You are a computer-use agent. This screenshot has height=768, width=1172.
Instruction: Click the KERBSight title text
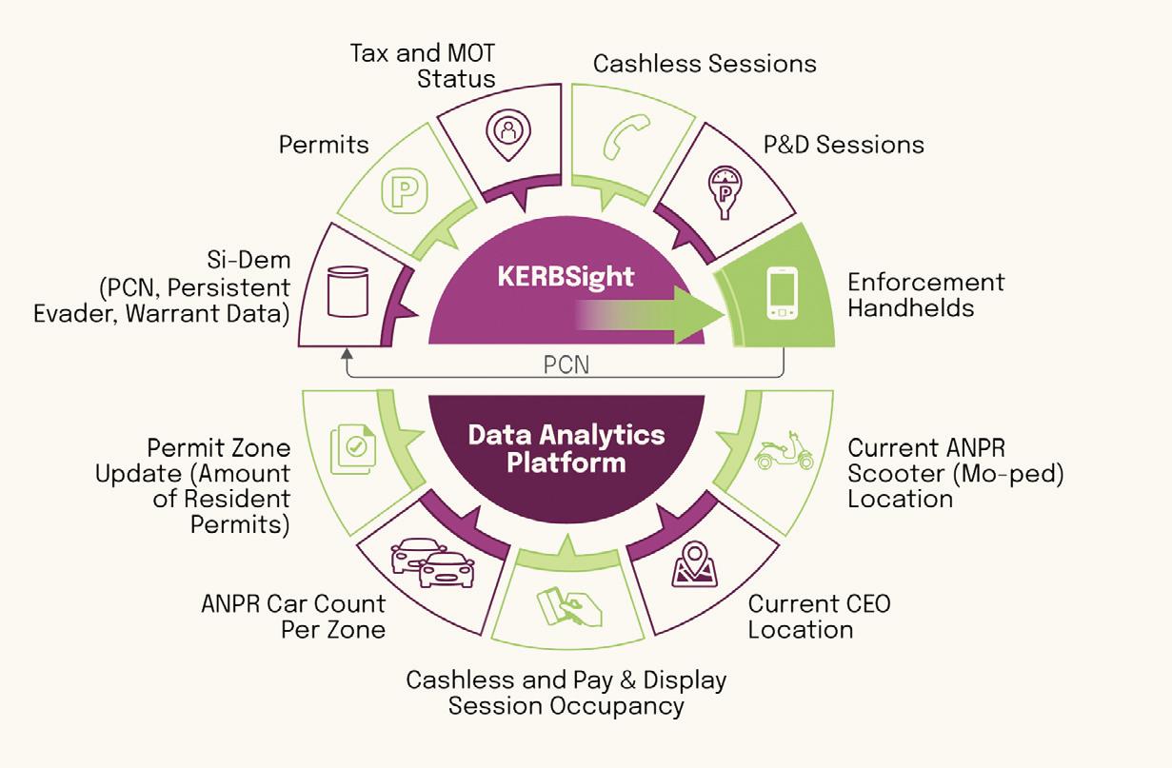566,276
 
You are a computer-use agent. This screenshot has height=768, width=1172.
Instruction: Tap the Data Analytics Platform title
566,449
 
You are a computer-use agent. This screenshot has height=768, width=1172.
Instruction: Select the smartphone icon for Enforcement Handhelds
781,293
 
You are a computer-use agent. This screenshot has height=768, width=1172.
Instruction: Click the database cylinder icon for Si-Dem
347,291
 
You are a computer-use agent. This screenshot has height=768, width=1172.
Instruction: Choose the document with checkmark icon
352,450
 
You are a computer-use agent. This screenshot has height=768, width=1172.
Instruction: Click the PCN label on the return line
566,364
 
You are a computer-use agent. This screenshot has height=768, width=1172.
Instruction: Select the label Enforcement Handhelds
925,295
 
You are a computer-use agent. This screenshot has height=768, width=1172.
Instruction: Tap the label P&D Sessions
844,145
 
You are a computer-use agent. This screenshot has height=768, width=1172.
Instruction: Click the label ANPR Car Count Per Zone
293,617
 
